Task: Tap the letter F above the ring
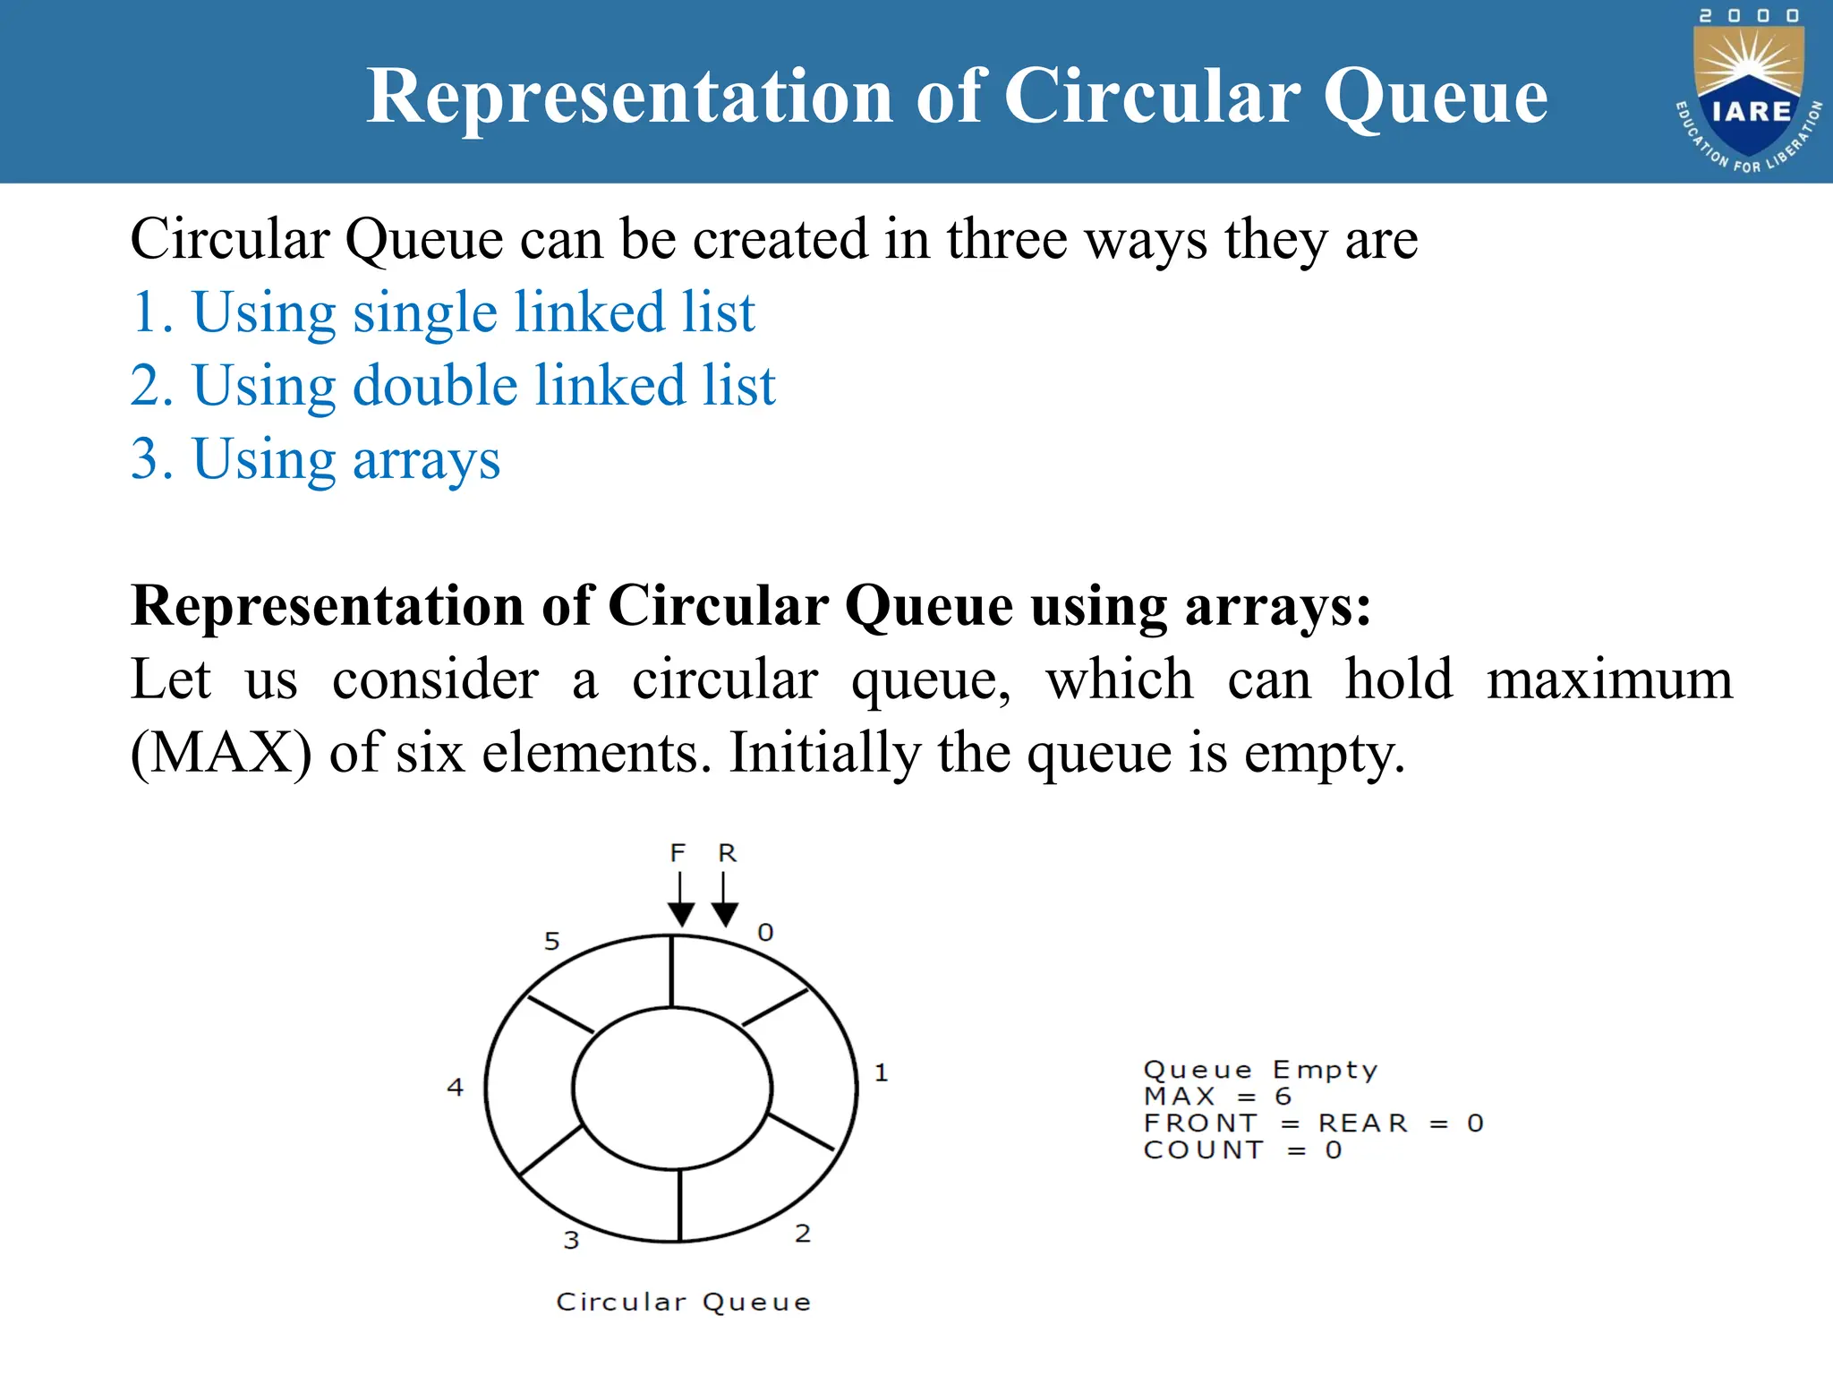[678, 853]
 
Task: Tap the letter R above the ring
[727, 853]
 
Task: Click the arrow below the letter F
[681, 901]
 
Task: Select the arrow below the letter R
[724, 901]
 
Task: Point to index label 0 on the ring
[765, 933]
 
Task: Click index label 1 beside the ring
[881, 1072]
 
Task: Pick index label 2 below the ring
[803, 1234]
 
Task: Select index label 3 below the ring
[571, 1240]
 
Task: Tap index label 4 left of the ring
[456, 1088]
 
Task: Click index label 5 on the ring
[552, 941]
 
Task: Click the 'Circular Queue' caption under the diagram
[684, 1302]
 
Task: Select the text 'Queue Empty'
[1260, 1071]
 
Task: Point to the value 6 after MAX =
[1283, 1097]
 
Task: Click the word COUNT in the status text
[1204, 1150]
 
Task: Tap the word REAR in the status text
[1362, 1123]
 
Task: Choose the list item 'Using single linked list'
[444, 312]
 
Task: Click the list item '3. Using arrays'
[316, 459]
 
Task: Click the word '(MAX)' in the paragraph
[221, 753]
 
